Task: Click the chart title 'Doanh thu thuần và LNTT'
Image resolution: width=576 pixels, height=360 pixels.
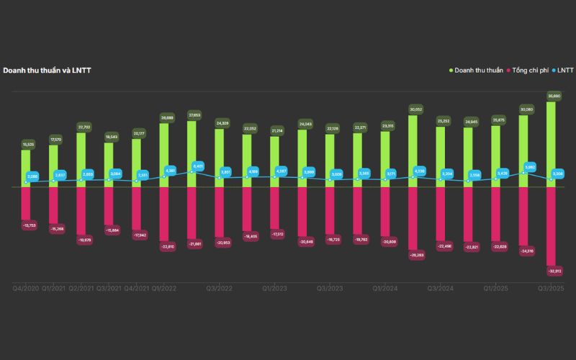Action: point(47,71)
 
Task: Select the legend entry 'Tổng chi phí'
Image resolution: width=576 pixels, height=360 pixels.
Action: point(531,71)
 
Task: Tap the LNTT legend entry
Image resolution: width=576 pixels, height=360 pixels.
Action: point(563,71)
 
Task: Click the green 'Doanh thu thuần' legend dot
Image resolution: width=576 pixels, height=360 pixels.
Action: point(451,71)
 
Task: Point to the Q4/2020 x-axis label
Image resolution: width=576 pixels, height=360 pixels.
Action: point(26,288)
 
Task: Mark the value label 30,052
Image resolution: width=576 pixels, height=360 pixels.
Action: point(415,109)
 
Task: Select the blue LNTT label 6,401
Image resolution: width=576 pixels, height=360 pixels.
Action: point(198,166)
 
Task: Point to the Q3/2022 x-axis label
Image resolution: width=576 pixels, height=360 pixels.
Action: point(220,288)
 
